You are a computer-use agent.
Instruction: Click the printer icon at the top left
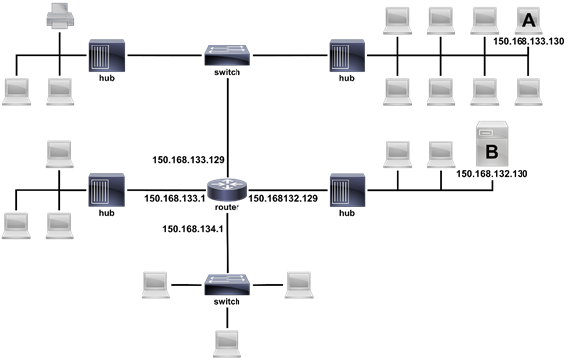(59, 15)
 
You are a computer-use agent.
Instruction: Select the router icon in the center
(227, 187)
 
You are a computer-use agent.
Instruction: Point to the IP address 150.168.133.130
(527, 43)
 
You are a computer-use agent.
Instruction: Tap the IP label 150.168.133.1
(175, 198)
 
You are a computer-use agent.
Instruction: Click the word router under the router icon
(227, 210)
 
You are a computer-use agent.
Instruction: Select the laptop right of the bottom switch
(299, 280)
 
